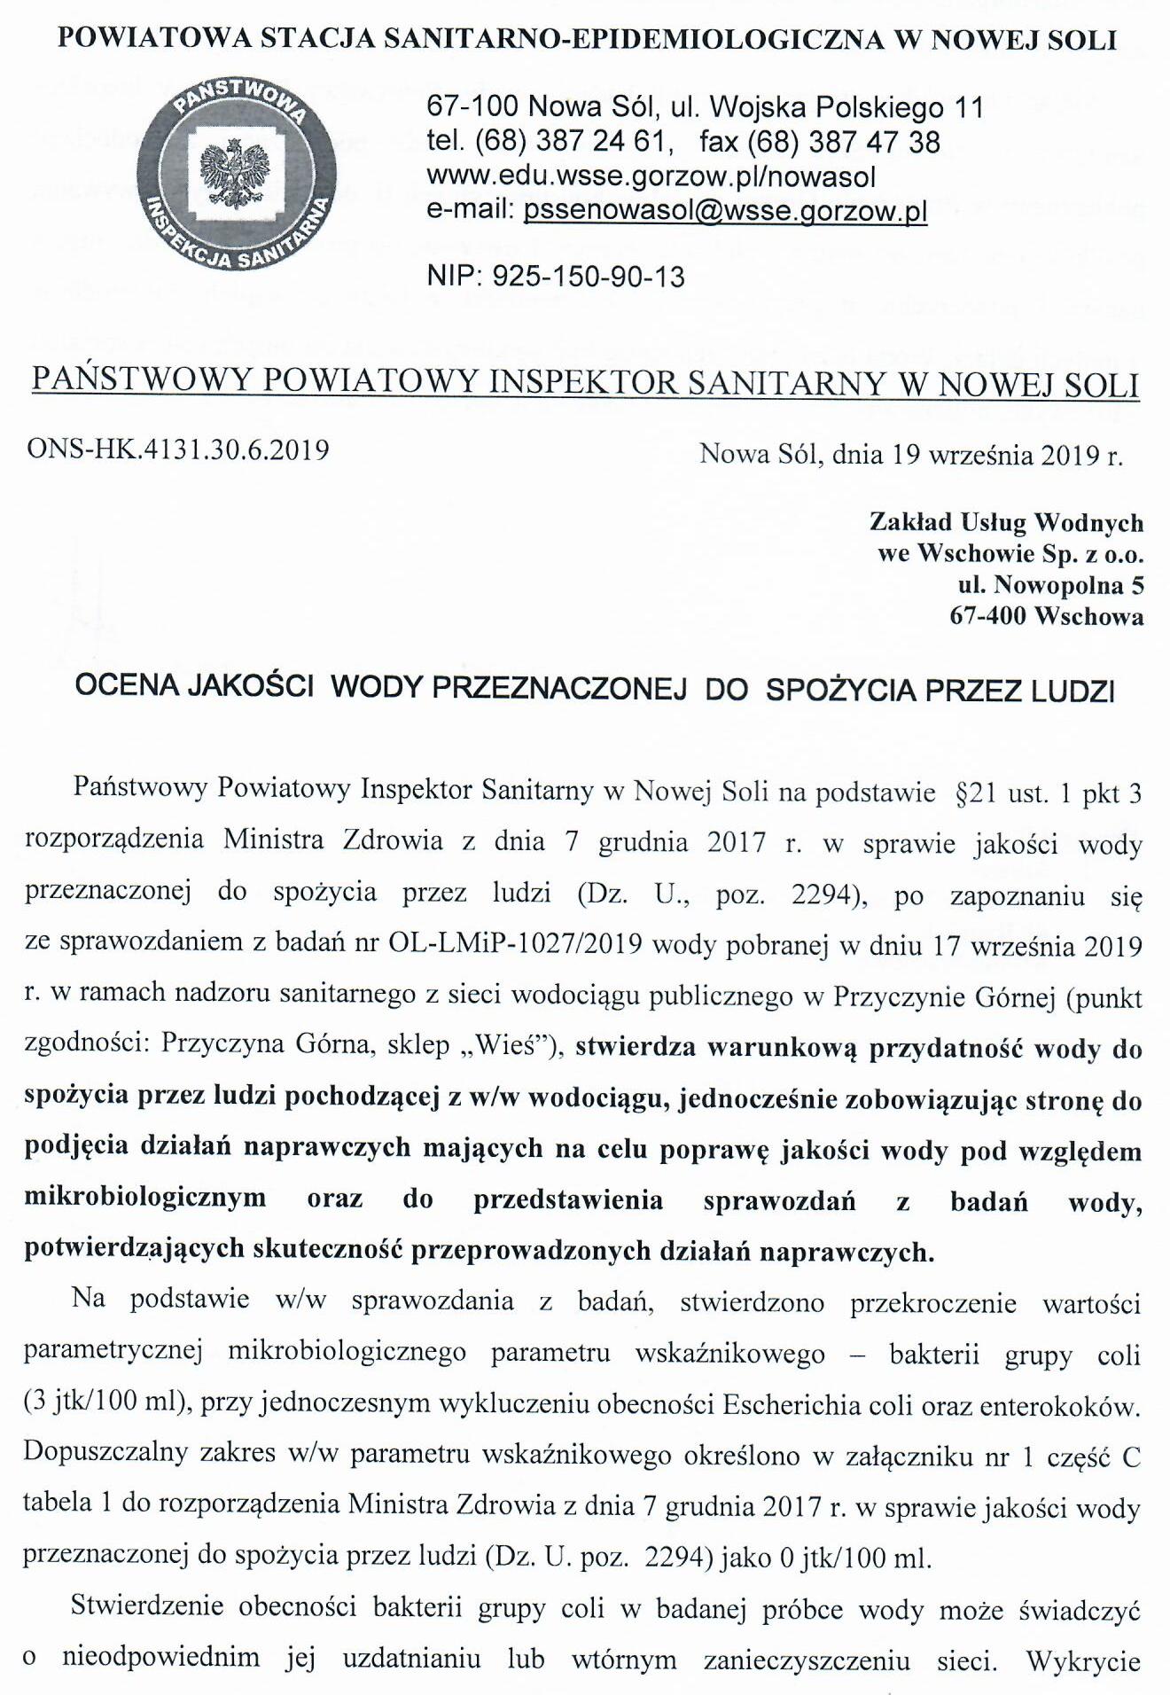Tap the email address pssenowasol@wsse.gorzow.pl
(x=725, y=212)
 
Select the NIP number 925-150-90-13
(x=589, y=277)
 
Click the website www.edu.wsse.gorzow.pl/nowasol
(x=651, y=177)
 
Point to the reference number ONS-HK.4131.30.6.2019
(x=178, y=449)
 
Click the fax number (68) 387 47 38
(x=844, y=143)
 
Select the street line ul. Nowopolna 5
(x=1050, y=585)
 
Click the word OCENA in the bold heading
(x=127, y=689)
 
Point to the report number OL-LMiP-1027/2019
(x=515, y=945)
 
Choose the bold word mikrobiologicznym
(x=145, y=1198)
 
